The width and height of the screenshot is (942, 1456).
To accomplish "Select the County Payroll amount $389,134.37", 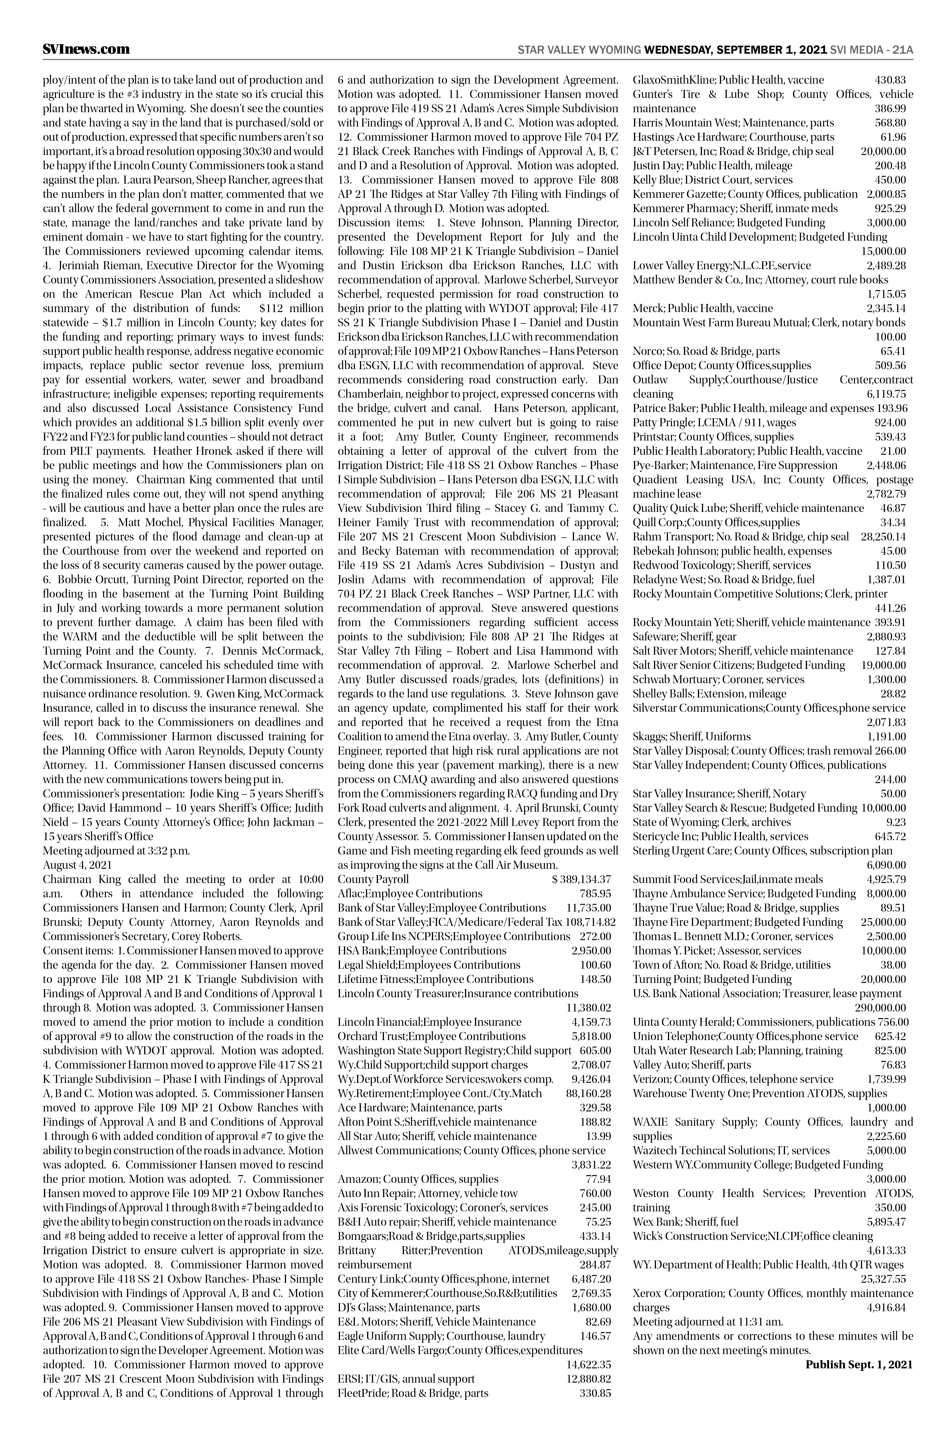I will [581, 879].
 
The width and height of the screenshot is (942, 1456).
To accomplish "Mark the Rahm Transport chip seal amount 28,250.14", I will [883, 536].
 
